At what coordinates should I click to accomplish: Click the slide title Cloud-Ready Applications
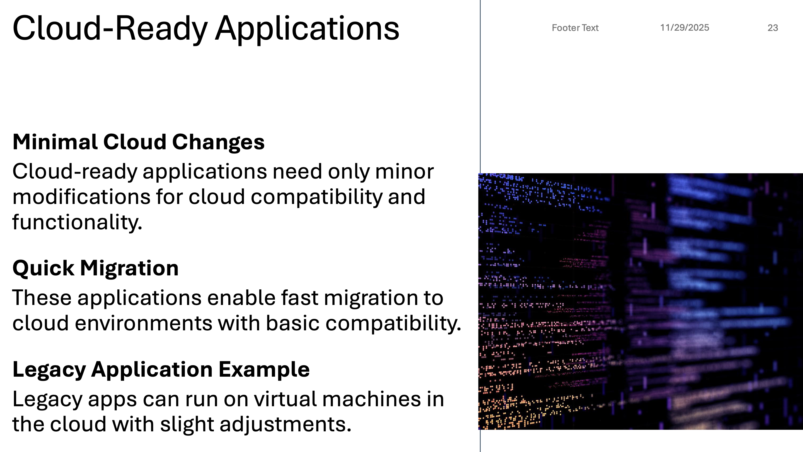click(x=206, y=29)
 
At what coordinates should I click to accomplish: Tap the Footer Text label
click(x=575, y=28)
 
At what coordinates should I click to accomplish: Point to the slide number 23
click(x=773, y=28)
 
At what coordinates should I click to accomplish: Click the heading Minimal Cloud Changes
click(x=138, y=142)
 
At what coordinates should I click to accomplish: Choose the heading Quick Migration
click(x=95, y=268)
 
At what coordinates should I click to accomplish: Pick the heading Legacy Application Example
click(x=161, y=370)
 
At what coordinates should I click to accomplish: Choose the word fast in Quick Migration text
click(x=299, y=298)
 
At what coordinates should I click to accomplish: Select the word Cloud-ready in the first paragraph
click(x=75, y=172)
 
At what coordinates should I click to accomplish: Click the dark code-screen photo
click(x=641, y=301)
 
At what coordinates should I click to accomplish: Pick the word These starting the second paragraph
click(x=42, y=298)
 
